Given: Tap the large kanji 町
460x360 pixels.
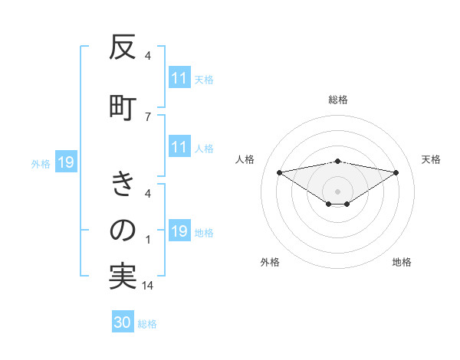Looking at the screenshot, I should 123,105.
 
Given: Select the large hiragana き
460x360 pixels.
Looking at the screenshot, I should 123,185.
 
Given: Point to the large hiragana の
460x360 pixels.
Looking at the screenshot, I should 123,230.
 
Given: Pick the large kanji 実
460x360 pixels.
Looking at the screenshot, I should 123,275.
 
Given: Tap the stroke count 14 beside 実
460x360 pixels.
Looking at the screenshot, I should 147,285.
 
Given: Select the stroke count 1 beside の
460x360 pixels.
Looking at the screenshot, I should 147,240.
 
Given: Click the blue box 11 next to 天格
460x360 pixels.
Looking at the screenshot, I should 179,78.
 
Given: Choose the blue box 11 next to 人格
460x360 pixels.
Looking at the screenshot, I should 179,148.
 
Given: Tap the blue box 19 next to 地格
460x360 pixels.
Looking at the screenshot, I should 179,232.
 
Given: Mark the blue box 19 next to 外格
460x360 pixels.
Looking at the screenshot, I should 65,162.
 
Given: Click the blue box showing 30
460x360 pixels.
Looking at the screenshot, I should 123,322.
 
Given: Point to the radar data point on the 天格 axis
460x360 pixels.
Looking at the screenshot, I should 396,172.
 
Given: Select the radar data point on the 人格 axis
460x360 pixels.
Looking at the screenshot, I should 279,172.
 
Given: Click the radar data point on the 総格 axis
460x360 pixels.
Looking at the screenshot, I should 337,161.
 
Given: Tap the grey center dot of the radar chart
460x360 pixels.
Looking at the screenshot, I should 337,191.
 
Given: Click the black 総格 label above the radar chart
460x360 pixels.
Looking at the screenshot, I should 337,100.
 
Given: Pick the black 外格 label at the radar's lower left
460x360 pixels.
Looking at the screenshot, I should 270,262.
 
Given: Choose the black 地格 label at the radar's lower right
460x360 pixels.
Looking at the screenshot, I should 402,262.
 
